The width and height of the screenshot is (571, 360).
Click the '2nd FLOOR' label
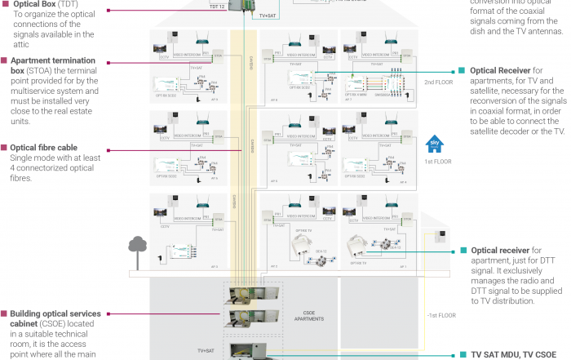point(437,82)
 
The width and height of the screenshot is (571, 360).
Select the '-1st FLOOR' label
point(437,315)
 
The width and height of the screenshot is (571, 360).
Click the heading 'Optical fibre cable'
point(44,148)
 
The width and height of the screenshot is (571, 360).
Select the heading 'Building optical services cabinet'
point(55,313)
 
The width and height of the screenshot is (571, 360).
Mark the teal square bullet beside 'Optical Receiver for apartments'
point(462,70)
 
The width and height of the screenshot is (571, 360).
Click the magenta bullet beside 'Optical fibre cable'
point(4,148)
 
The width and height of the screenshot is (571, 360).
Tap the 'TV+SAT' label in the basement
point(207,349)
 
